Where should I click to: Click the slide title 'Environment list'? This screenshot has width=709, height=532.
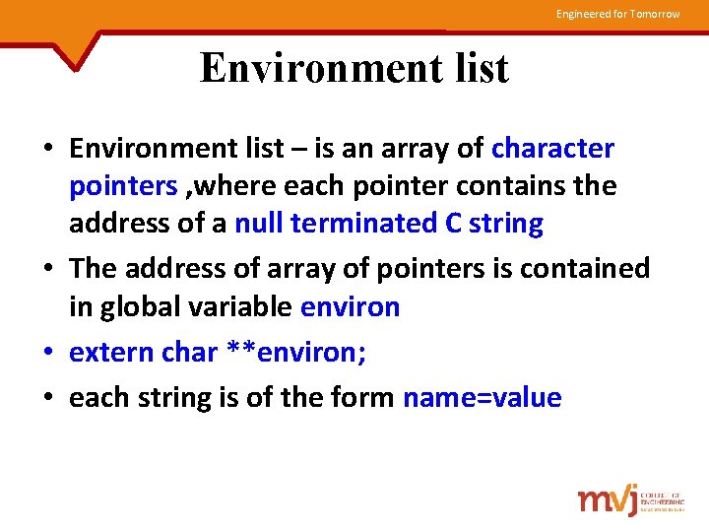coord(354,69)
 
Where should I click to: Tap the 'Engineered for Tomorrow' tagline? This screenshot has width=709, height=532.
coord(617,14)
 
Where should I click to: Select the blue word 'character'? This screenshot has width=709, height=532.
coord(552,149)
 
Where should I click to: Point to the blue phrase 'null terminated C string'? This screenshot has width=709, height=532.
coord(389,224)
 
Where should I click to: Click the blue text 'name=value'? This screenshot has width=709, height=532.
coord(483,398)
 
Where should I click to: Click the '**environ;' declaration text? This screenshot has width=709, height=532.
coord(296,353)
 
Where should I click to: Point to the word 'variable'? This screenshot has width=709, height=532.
coord(247,307)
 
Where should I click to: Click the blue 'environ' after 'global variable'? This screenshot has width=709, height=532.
coord(350,307)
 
